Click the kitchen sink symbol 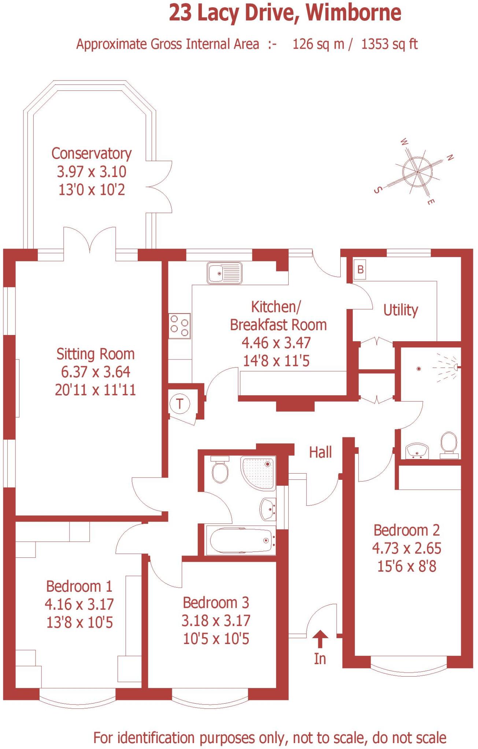click(225, 273)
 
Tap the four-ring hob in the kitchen click(179, 325)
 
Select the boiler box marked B click(360, 270)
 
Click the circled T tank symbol click(179, 404)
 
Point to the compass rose click(417, 171)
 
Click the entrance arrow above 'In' click(320, 639)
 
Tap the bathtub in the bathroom click(241, 541)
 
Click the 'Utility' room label click(400, 310)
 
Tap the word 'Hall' click(320, 452)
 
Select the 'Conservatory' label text click(91, 154)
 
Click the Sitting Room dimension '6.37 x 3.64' click(95, 372)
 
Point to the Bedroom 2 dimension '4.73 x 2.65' click(407, 548)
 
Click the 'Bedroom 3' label click(216, 602)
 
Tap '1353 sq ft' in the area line click(389, 44)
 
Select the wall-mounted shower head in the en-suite click(455, 366)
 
